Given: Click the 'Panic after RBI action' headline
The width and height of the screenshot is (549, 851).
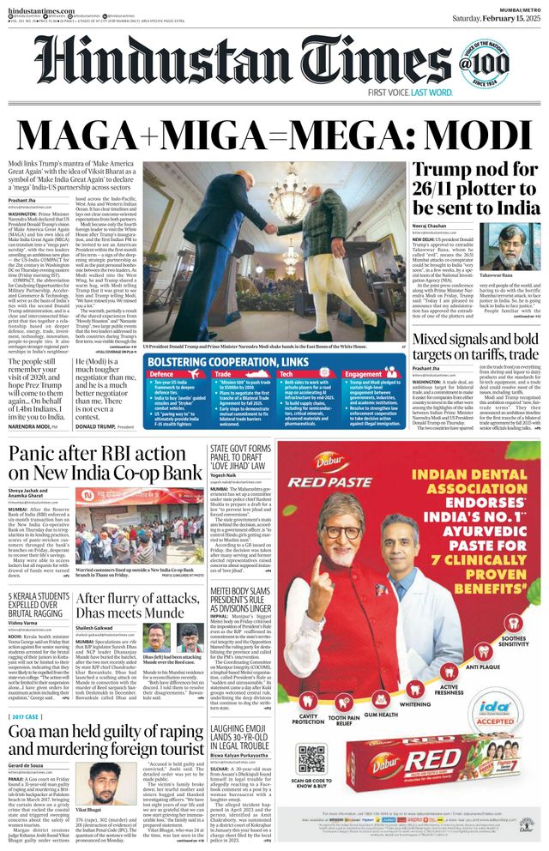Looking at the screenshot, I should click(x=105, y=463).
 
